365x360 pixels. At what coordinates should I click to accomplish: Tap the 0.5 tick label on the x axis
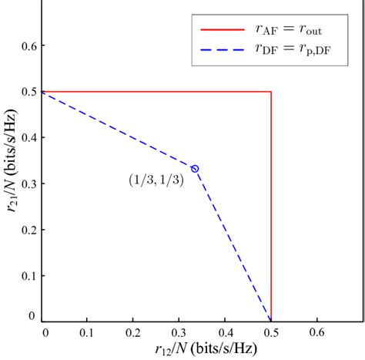coord(270,333)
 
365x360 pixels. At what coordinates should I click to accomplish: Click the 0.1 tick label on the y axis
coord(28,275)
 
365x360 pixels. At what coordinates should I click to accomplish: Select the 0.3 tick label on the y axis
coord(28,183)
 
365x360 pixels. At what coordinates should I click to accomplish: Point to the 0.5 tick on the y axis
coord(28,92)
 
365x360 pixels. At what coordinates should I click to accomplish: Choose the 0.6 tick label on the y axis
coord(28,46)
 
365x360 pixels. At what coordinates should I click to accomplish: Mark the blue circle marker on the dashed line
coord(195,168)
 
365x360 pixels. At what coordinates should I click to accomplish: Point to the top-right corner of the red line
coord(271,92)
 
